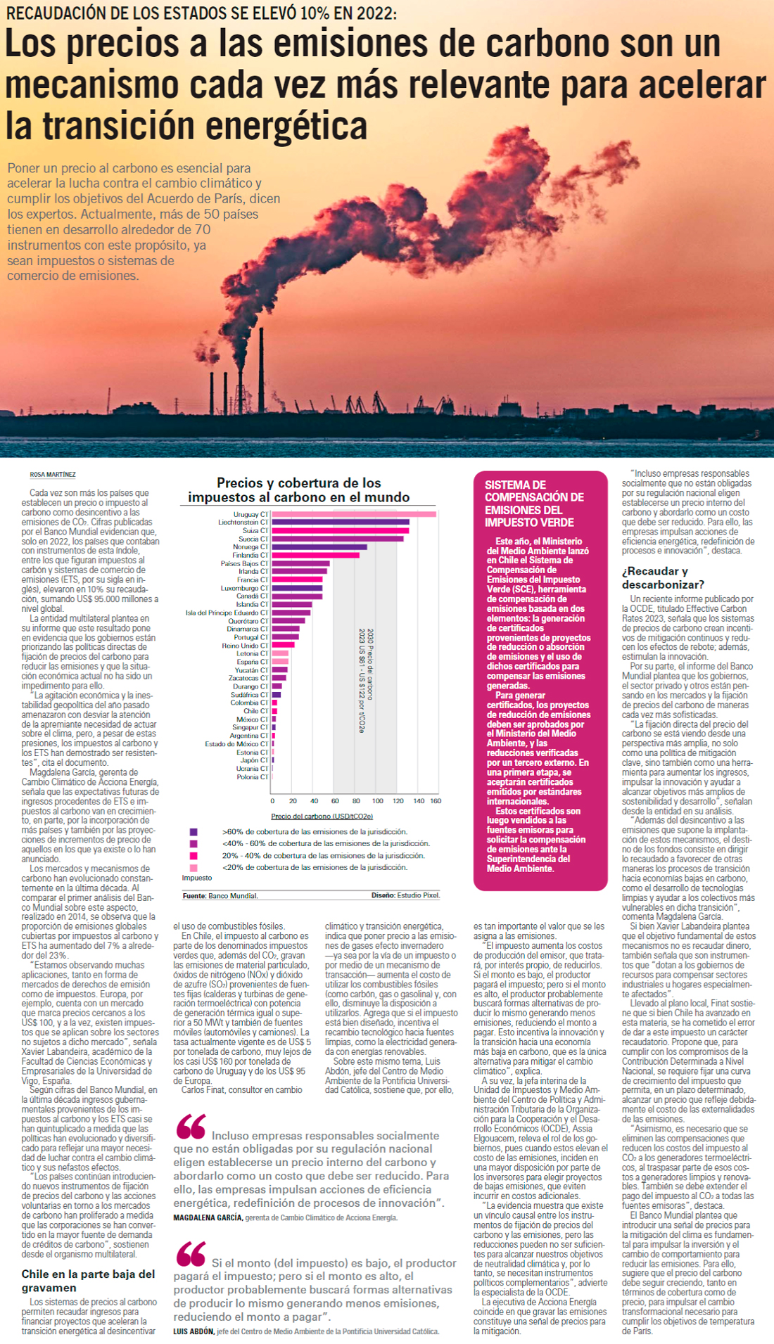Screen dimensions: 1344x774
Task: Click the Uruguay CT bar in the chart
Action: [x=353, y=514]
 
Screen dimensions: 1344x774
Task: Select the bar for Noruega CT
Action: [x=319, y=546]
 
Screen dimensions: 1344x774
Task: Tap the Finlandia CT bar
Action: [x=315, y=555]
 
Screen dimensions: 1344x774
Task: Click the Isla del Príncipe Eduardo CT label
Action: [x=227, y=613]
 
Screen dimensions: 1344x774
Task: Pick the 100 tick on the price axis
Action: [x=377, y=800]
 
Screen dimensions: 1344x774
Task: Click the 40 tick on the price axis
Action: [x=314, y=800]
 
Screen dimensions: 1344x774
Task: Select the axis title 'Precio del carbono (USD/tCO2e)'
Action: [x=322, y=816]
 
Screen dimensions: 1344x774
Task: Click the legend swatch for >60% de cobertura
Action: [x=193, y=832]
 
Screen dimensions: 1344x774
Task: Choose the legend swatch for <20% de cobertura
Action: [x=193, y=868]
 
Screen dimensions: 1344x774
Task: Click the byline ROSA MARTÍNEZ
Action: [x=53, y=475]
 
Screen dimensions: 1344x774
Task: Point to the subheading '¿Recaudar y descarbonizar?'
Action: [x=662, y=577]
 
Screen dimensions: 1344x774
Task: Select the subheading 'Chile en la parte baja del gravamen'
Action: [x=88, y=1281]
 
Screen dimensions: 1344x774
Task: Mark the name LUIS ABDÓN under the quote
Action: [x=193, y=1331]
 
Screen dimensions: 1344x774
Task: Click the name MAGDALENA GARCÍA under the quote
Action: [x=208, y=1217]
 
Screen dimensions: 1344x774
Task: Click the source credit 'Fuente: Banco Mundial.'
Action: [x=220, y=895]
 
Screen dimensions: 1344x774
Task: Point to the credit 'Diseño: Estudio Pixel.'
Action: [x=405, y=895]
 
